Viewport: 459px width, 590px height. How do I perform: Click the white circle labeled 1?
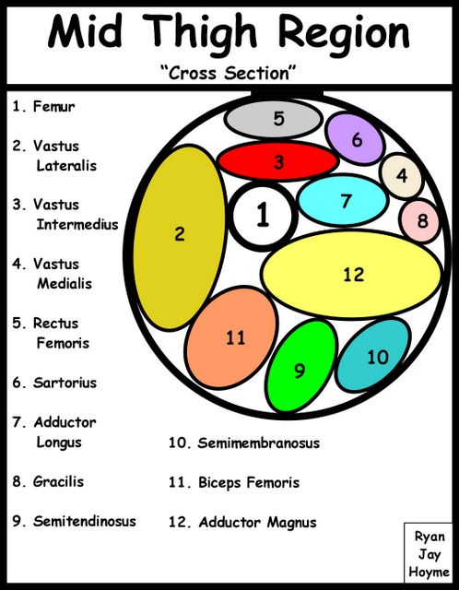(263, 216)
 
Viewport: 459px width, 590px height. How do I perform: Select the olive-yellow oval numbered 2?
(180, 238)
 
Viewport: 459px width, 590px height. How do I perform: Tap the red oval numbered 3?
(278, 161)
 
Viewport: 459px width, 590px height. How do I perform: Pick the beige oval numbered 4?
(402, 175)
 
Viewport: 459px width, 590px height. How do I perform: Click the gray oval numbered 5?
(274, 119)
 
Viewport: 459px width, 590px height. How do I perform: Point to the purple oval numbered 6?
(355, 139)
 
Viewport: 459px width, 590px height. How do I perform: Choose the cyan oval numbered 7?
(343, 201)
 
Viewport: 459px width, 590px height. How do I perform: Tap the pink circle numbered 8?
(420, 221)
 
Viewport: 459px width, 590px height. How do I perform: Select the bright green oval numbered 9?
(301, 366)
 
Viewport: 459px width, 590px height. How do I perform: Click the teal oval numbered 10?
(373, 355)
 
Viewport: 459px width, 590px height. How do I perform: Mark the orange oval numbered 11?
(231, 337)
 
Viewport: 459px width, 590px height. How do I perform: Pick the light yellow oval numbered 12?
(352, 274)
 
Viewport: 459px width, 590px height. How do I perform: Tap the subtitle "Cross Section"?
(229, 72)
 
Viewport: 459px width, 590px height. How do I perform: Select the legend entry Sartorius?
(65, 383)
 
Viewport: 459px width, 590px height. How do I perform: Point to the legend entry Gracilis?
(58, 481)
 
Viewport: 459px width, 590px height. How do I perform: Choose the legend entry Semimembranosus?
(258, 442)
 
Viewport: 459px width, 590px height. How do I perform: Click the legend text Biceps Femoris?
(249, 482)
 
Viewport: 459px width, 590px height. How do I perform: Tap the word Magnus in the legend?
(291, 523)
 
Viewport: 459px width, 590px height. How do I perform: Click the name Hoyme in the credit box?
(429, 572)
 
